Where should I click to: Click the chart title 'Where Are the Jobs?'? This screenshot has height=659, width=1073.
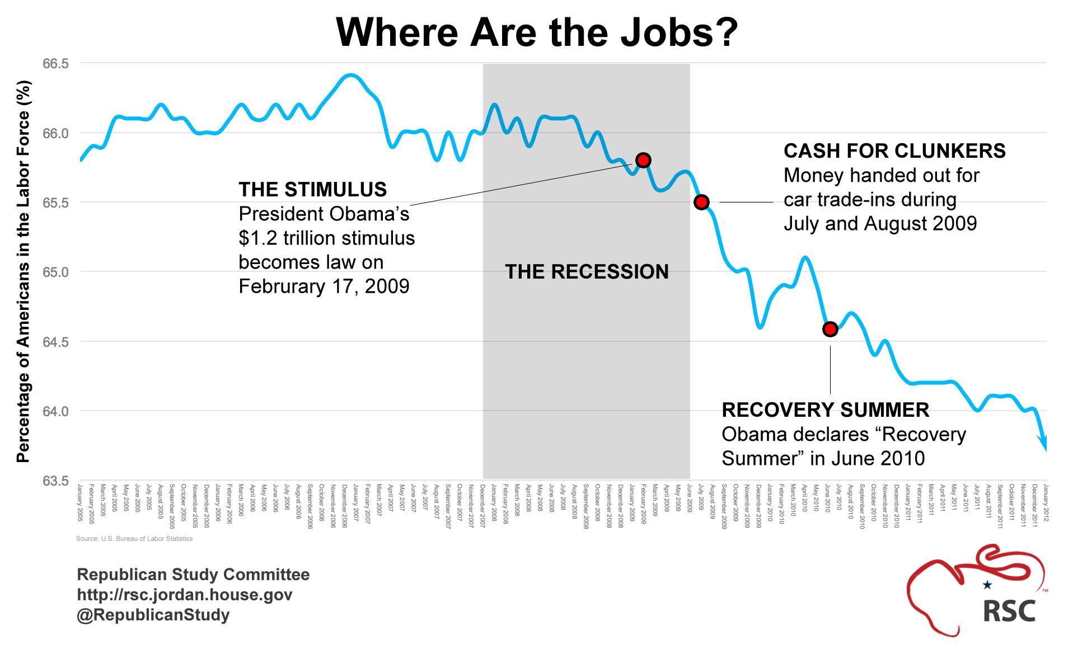tap(537, 32)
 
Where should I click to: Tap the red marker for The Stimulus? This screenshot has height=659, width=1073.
tap(643, 161)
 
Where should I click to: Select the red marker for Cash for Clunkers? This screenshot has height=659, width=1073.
tap(701, 202)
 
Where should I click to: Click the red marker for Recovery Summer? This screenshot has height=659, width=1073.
tap(830, 329)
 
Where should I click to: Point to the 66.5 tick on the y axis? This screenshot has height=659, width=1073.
tap(55, 64)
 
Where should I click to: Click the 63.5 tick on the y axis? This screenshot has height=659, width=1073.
tap(55, 481)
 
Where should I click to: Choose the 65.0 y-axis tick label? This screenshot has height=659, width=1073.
tap(55, 272)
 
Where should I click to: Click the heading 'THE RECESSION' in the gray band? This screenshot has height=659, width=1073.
tap(587, 272)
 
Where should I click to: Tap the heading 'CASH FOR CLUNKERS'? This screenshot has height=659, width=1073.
tap(894, 151)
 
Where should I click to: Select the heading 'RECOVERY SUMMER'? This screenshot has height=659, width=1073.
tap(825, 410)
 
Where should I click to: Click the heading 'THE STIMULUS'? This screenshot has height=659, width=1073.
tap(312, 190)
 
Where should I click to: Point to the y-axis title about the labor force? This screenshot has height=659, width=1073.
tap(23, 272)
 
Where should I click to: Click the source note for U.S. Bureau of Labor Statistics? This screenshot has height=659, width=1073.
tap(134, 539)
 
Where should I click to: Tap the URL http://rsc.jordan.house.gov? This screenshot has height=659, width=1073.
tap(184, 595)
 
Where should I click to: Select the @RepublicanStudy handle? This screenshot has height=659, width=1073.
tap(153, 615)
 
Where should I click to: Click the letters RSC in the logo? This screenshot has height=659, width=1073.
tap(1009, 610)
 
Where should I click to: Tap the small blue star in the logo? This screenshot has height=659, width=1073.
tap(987, 585)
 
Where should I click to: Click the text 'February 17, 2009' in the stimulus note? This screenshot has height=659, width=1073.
tap(324, 286)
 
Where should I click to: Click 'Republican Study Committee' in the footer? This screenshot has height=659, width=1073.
tap(193, 575)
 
